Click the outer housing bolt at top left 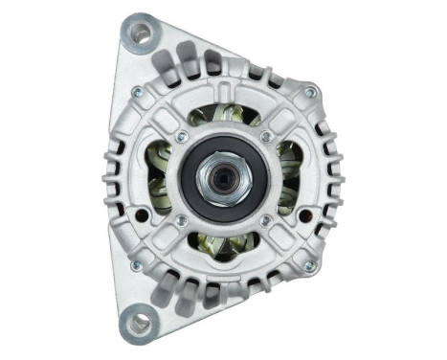point(138,92)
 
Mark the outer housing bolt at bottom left point(136,264)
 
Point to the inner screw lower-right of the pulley point(265,220)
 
